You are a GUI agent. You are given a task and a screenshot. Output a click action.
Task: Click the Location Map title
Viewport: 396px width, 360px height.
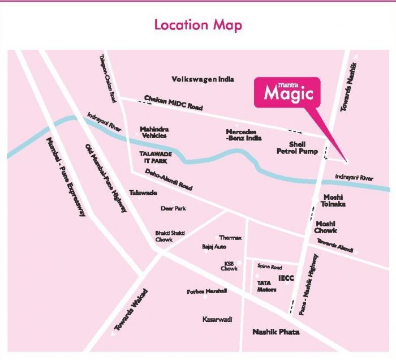(198, 25)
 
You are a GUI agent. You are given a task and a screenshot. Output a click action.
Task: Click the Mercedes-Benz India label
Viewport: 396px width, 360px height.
(242, 135)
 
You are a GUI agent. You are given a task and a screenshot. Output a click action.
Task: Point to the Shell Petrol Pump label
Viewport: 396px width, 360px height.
(297, 148)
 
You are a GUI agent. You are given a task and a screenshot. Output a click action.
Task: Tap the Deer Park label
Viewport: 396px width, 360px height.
(173, 208)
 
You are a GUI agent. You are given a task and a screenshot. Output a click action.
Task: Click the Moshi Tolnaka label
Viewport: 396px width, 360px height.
(333, 200)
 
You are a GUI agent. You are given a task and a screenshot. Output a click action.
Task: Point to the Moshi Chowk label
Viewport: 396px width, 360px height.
(326, 227)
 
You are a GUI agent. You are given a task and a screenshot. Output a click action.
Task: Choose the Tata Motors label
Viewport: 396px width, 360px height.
(266, 286)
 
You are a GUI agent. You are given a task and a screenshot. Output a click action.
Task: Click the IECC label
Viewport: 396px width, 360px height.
(286, 278)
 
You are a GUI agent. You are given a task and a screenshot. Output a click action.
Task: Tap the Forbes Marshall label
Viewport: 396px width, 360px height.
(206, 292)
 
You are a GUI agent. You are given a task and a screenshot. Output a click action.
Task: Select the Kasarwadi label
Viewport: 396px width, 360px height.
(217, 320)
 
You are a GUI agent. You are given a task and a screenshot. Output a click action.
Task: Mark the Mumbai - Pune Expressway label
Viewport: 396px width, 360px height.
(66, 177)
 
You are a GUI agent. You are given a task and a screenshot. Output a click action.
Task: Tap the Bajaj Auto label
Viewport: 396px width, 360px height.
(214, 247)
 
